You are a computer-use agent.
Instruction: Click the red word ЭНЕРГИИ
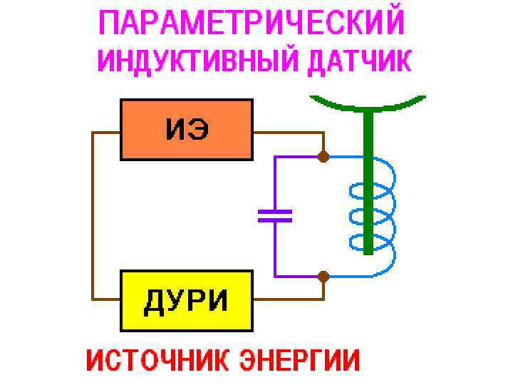[300, 360]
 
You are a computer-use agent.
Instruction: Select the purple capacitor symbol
[275, 216]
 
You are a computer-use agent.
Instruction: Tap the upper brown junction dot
[323, 156]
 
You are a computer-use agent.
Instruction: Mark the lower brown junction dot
[323, 276]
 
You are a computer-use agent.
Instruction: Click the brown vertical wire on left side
[92, 214]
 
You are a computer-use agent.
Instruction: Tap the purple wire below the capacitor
[275, 250]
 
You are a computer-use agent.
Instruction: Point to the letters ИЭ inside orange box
[187, 130]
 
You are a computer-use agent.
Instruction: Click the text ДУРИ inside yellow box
[187, 302]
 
